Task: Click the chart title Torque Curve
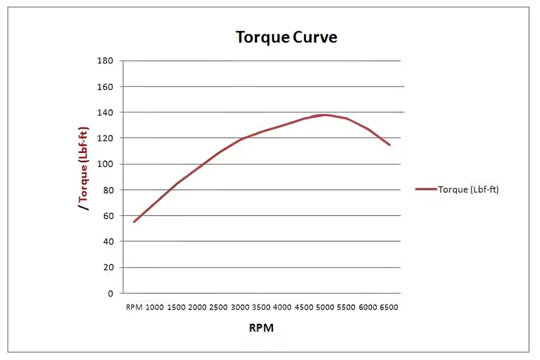point(286,37)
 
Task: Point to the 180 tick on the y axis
point(105,61)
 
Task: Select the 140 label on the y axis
point(105,112)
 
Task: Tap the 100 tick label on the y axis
point(105,164)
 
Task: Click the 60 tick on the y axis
point(108,216)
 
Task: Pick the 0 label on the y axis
point(110,293)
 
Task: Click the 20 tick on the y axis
point(108,267)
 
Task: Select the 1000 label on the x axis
point(155,307)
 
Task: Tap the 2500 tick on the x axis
point(218,307)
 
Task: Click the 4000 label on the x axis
point(283,307)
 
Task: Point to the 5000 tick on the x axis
point(325,307)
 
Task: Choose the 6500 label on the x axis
point(389,307)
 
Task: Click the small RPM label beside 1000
point(134,307)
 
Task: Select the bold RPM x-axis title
point(261,328)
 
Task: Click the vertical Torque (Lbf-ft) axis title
point(83,168)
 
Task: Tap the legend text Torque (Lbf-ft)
point(468,189)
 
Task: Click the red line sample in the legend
point(426,189)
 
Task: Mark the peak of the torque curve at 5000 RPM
point(325,114)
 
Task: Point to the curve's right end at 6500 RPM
point(390,145)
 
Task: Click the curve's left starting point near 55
point(134,222)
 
